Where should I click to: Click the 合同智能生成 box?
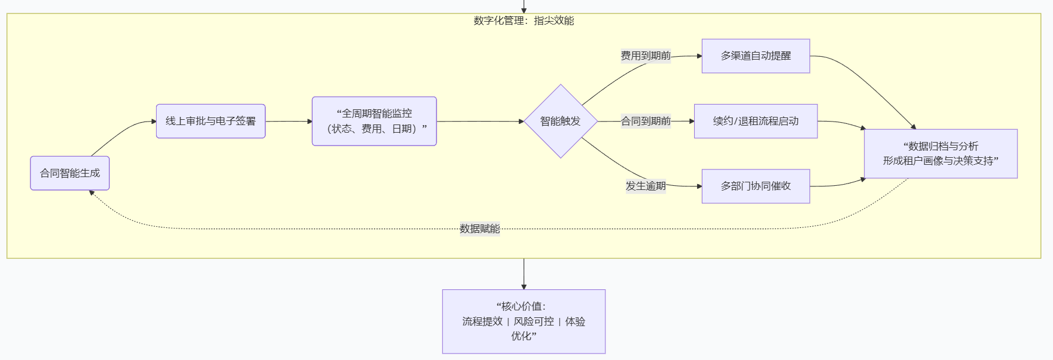tap(70, 173)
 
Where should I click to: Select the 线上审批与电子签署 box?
tap(210, 121)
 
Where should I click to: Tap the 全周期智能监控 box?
tap(374, 121)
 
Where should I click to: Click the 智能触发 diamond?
tap(560, 121)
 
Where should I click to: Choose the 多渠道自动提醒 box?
tap(756, 56)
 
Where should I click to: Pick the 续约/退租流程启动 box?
tap(756, 121)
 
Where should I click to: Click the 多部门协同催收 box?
tap(756, 186)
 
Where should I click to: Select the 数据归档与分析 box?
tap(940, 154)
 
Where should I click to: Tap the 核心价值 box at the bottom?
tap(524, 321)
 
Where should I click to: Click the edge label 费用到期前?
tap(646, 56)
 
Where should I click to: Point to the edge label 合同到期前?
tap(646, 121)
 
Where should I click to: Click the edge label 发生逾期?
tap(646, 186)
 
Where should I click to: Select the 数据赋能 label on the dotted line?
tap(480, 229)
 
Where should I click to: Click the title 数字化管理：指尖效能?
tap(524, 20)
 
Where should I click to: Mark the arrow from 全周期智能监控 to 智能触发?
tap(479, 122)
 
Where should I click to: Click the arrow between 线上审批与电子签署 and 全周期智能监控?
tap(289, 122)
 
